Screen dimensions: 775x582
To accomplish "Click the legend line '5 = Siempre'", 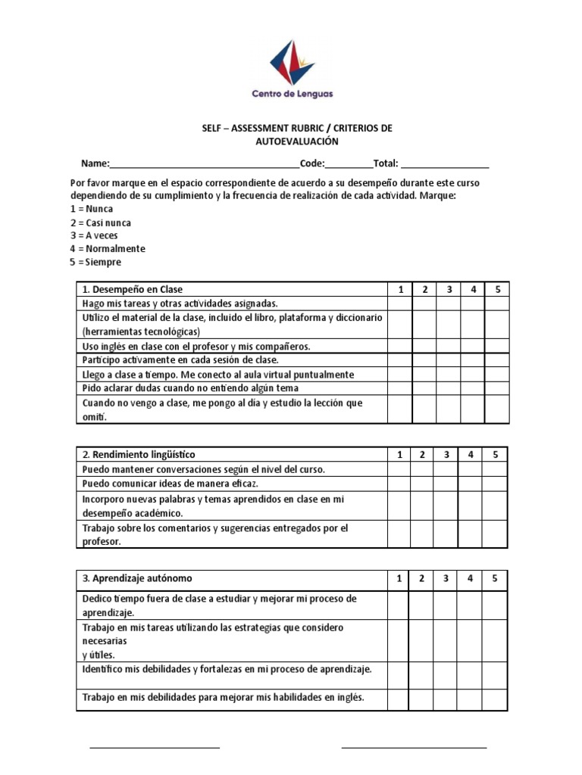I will [x=95, y=262].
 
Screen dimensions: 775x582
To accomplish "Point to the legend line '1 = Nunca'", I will [x=92, y=209].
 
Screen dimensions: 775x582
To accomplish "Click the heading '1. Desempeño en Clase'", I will [x=133, y=289].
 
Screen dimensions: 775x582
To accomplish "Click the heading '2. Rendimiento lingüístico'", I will [x=139, y=454].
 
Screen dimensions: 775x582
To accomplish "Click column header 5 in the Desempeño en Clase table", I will [x=497, y=289].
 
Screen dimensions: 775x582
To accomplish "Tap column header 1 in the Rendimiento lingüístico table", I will [x=399, y=454].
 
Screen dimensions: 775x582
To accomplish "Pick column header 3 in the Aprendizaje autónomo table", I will [x=447, y=579].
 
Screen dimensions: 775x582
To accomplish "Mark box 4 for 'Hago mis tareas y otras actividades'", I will [x=472, y=303].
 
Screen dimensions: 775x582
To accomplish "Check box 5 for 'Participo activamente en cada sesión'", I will [x=497, y=360].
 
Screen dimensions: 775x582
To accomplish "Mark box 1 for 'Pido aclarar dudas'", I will [x=399, y=388].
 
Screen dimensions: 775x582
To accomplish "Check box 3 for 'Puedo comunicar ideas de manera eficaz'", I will [x=447, y=484].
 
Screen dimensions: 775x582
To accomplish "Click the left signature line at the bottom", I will [x=155, y=747].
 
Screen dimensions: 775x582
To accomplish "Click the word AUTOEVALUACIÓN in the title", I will [x=296, y=142].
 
